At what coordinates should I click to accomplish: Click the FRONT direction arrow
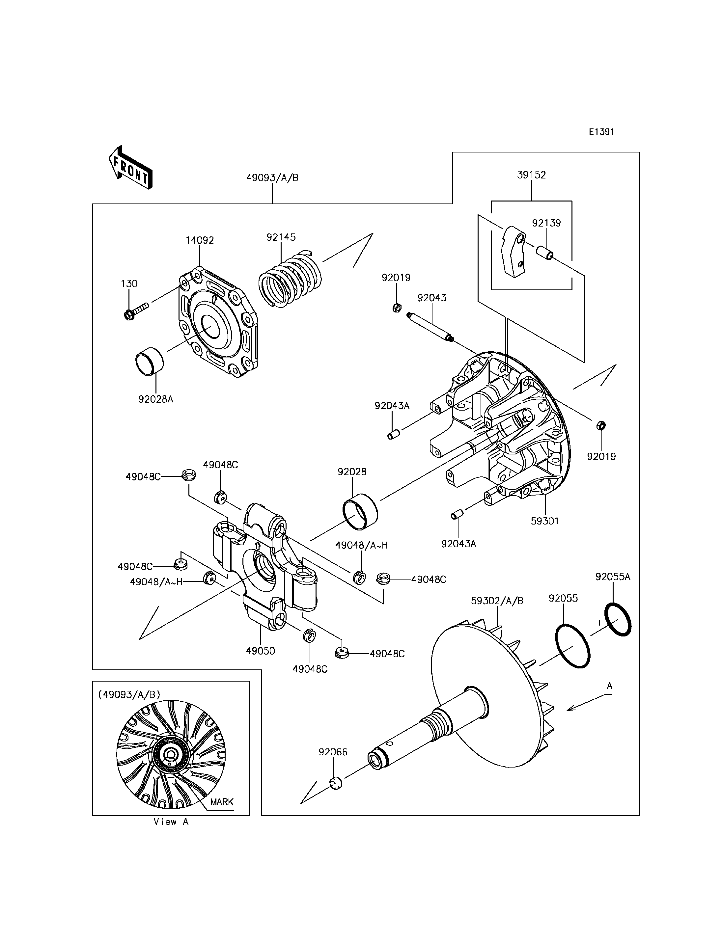(130, 168)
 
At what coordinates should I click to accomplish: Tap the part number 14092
(200, 240)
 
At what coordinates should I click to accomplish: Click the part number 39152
(532, 175)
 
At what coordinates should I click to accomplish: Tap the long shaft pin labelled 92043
(430, 327)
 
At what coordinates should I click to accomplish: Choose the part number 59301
(544, 521)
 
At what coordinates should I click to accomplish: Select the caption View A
(171, 822)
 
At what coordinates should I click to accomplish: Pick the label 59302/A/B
(497, 601)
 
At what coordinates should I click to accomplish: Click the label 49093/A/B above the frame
(272, 178)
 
